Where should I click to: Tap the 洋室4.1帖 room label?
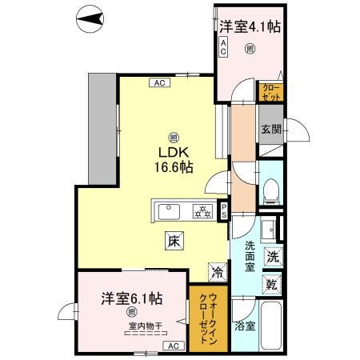(x=250, y=26)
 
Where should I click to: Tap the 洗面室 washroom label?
(x=250, y=258)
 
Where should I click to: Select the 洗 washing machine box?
(x=273, y=258)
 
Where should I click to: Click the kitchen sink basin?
(x=170, y=212)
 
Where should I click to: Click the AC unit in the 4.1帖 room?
(x=224, y=48)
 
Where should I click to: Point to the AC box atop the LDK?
(x=158, y=82)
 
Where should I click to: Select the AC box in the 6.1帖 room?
(x=172, y=346)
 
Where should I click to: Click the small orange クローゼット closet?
(x=270, y=92)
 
